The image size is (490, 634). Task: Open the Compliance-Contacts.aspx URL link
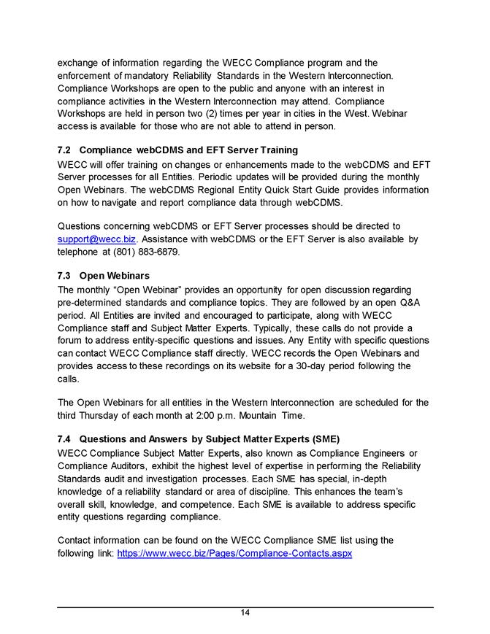(234, 554)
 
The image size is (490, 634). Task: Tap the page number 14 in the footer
(245, 612)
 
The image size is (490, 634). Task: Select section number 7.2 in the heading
(64, 150)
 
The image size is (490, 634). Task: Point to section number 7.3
(64, 276)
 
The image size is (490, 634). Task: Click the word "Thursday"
(107, 415)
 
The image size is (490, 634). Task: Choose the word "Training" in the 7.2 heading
(258, 150)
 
